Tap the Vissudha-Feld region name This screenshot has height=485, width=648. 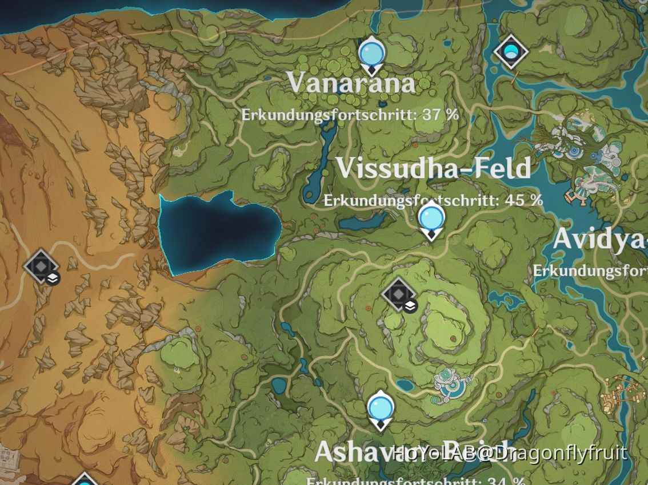click(x=433, y=168)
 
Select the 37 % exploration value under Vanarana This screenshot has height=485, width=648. click(x=441, y=115)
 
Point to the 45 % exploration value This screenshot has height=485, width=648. click(x=524, y=200)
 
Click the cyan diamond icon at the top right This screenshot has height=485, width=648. click(x=510, y=52)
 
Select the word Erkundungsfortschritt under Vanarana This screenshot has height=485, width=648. click(x=329, y=115)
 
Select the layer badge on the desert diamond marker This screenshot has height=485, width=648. click(x=53, y=278)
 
